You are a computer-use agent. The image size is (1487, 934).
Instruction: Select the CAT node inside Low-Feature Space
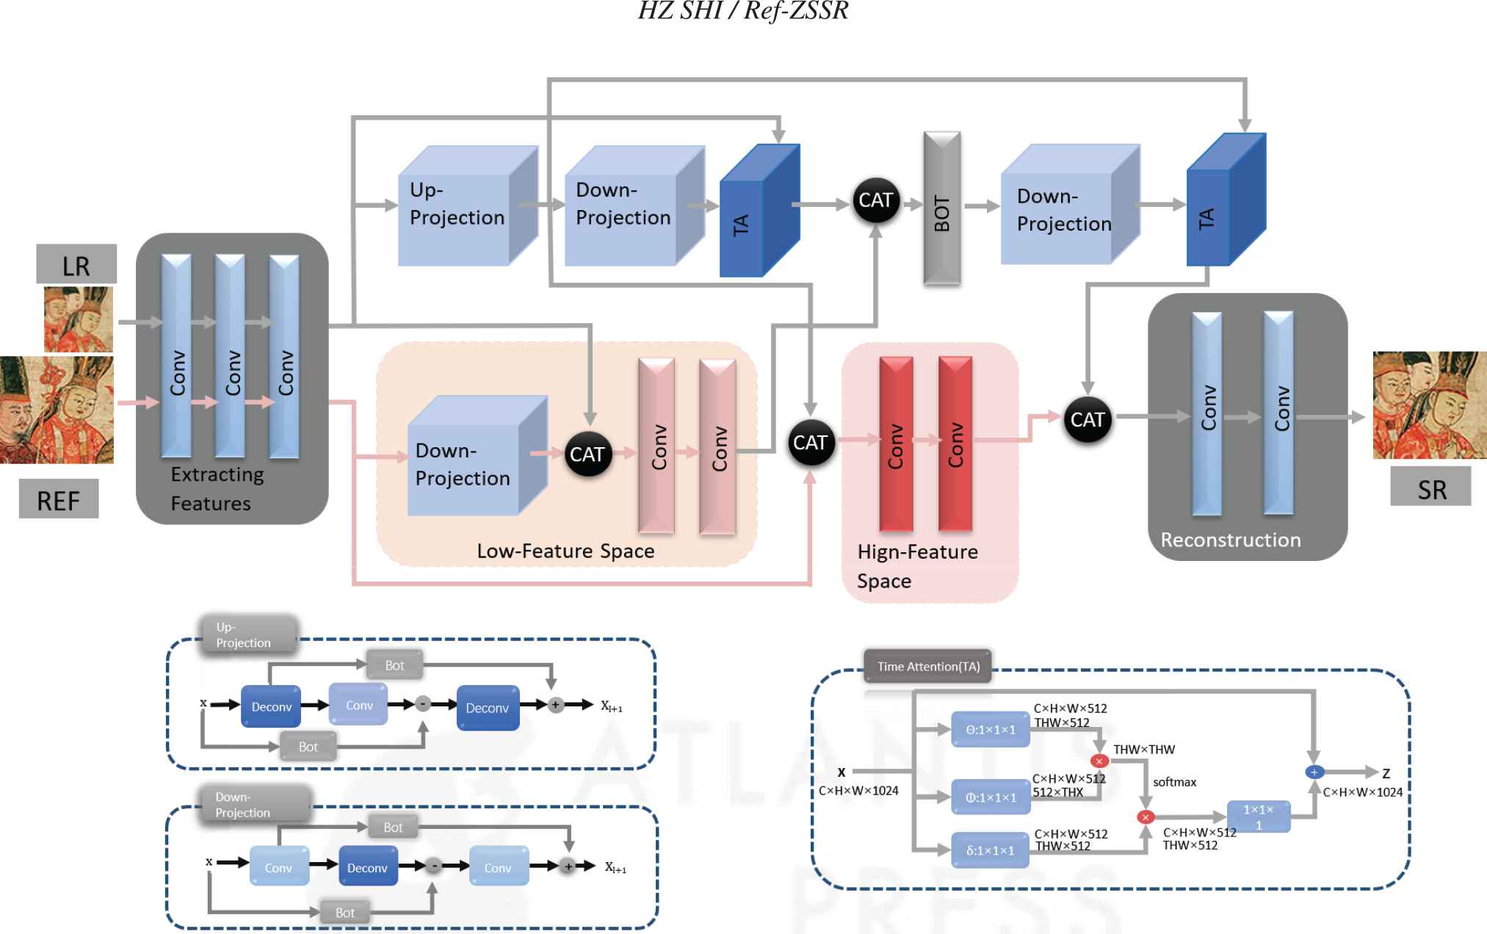(587, 455)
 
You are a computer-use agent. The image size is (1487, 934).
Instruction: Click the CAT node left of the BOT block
(875, 200)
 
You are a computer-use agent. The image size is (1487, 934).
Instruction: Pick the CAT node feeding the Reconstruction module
(1088, 419)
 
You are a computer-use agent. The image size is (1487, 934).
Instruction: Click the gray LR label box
(76, 264)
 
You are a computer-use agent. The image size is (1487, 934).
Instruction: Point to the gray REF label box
(59, 499)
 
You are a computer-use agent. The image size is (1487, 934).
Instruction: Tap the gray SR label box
(1430, 488)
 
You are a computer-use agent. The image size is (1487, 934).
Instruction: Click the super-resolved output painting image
(1429, 405)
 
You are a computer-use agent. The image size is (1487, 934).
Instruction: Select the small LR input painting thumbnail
(79, 319)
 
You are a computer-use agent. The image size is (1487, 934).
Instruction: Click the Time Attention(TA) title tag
(928, 667)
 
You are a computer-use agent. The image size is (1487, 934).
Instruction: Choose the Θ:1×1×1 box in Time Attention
(991, 729)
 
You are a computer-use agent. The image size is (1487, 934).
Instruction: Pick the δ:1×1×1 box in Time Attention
(990, 850)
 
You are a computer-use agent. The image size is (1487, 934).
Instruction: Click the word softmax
(1174, 782)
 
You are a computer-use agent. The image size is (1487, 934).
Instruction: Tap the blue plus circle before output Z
(1314, 772)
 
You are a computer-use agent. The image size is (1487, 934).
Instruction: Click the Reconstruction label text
(1230, 540)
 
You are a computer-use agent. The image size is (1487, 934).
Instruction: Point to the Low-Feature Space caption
(565, 551)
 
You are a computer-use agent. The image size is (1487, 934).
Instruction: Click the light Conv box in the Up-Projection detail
(358, 705)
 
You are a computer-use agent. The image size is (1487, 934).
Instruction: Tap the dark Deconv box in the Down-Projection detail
(367, 867)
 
